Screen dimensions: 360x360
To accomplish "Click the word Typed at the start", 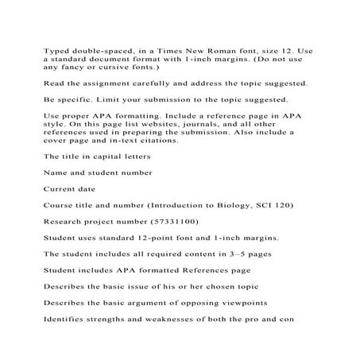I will [x=56, y=49].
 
